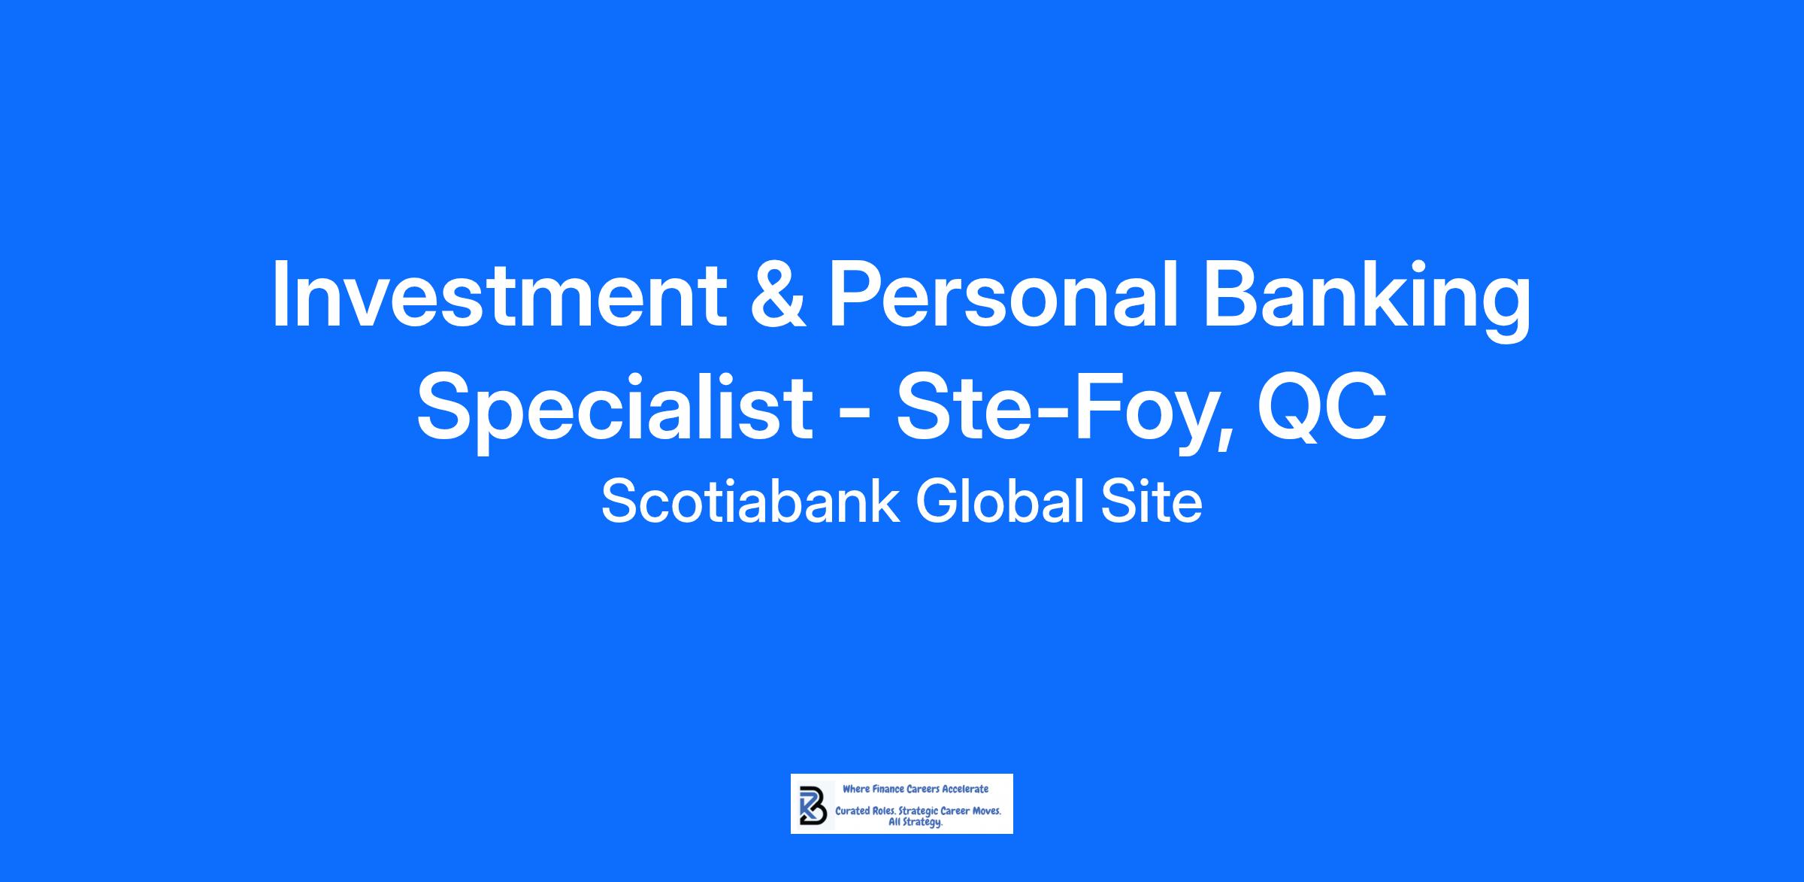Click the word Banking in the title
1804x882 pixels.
(x=1366, y=301)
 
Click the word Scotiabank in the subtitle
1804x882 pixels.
(x=750, y=502)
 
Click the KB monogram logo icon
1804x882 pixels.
(x=813, y=805)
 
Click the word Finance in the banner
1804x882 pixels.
(x=888, y=789)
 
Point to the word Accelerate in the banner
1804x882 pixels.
(x=965, y=789)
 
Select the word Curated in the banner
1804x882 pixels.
(x=852, y=811)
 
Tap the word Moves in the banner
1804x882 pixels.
(x=986, y=811)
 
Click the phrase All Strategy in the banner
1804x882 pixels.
(x=916, y=822)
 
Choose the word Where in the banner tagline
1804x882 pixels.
(x=856, y=789)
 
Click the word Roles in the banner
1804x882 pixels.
(x=884, y=811)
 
